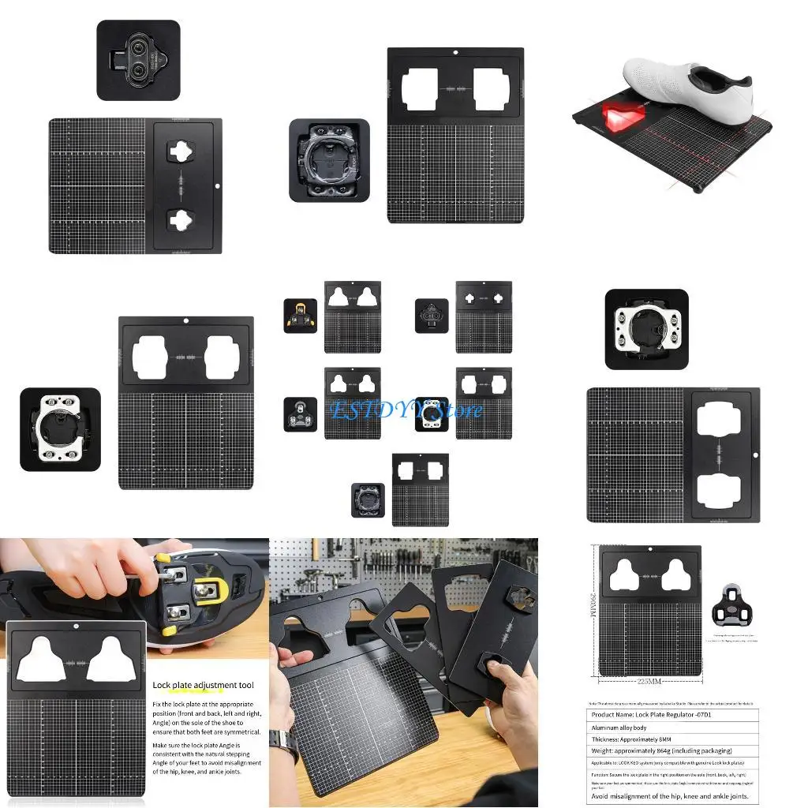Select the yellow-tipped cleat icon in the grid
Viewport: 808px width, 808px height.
pos(300,316)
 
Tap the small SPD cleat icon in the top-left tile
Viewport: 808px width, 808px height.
pos(139,60)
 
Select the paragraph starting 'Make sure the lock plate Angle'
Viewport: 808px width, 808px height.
pos(207,757)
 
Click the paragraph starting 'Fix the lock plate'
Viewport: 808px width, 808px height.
pos(207,717)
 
